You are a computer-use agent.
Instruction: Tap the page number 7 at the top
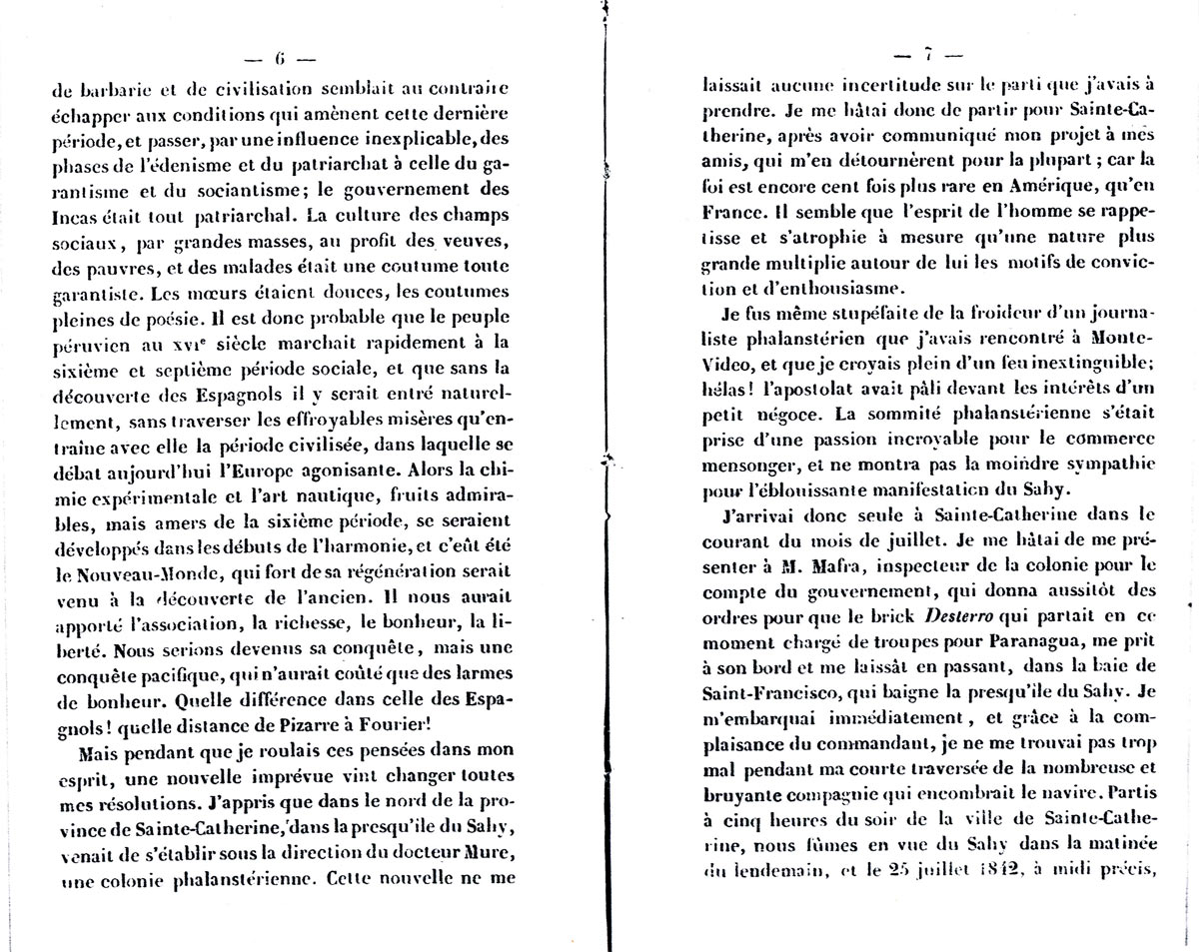coord(928,54)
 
